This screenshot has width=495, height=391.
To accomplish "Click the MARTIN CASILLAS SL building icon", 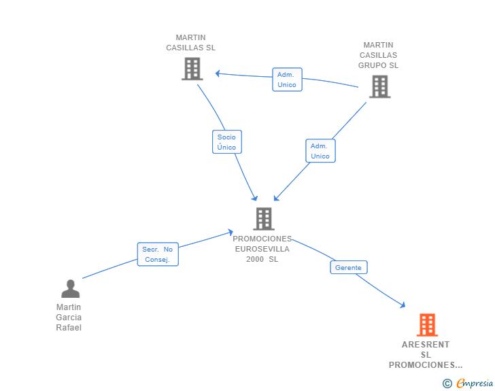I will coord(192,69).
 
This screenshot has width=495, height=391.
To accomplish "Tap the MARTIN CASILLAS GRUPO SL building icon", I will coord(379,86).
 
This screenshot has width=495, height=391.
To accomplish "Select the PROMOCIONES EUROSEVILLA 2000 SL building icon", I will coord(263,219).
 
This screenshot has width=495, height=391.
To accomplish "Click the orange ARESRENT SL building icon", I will coord(427,325).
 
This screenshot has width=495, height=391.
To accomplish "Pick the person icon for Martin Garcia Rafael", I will coord(70,289).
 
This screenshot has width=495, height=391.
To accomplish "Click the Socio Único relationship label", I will coord(226,142).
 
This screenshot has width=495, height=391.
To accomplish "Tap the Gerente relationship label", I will coord(348,268).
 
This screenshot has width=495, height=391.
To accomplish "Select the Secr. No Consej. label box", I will coord(158,254).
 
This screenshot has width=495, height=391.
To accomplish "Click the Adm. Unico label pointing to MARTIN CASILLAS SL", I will coord(287,80).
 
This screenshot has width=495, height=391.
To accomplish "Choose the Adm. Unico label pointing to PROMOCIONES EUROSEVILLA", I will coord(320,151).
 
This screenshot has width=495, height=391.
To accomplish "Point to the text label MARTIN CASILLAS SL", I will coord(191,43).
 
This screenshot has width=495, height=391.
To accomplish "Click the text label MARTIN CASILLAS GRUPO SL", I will coord(379,55).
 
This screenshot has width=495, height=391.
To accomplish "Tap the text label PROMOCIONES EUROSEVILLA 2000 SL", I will coord(262,249).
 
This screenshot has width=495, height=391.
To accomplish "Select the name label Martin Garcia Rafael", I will coord(69,318).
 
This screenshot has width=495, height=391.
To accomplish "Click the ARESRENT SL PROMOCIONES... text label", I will coord(426,355).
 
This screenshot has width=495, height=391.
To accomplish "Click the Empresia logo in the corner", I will coord(475,384).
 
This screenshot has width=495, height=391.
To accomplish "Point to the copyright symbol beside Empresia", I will coord(447,384).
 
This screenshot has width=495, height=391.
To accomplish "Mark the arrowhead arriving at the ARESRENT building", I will coord(403,305).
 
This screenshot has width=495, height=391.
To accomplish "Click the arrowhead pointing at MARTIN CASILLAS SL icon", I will coord(218,73).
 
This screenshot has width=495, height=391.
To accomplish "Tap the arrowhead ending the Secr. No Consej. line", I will coord(231,233).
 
